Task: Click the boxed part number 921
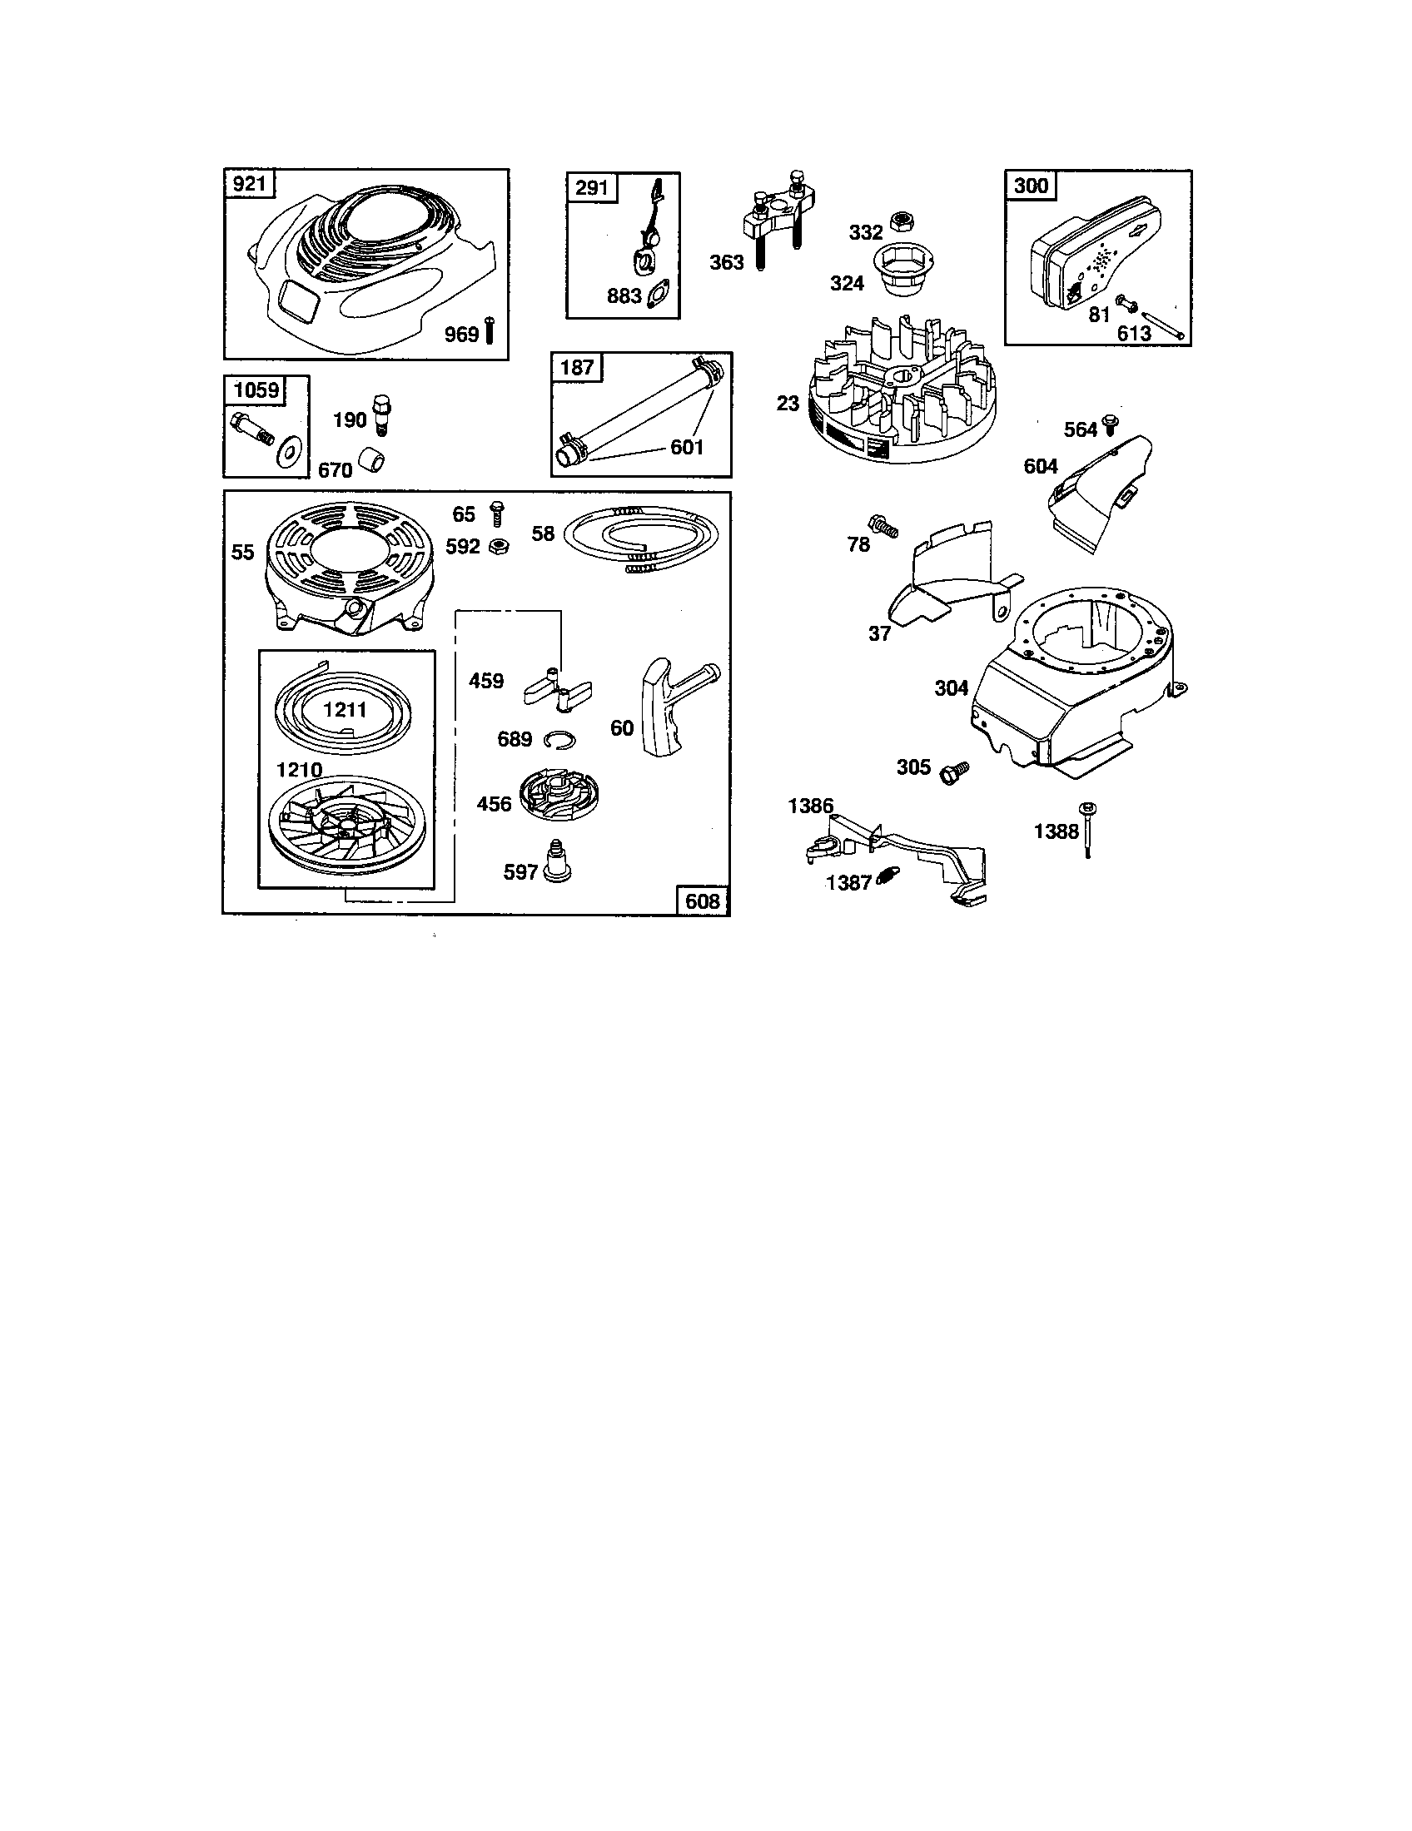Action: pos(250,183)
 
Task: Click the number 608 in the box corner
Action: pos(703,901)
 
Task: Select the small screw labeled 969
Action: pos(490,332)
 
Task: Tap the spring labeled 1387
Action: pos(885,879)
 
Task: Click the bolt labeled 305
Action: pos(954,771)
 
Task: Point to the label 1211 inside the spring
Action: pos(345,710)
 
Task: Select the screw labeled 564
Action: pos(1111,426)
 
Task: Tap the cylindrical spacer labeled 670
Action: pos(372,460)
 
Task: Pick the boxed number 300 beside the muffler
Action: pos(1031,186)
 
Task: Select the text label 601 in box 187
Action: pos(686,447)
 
